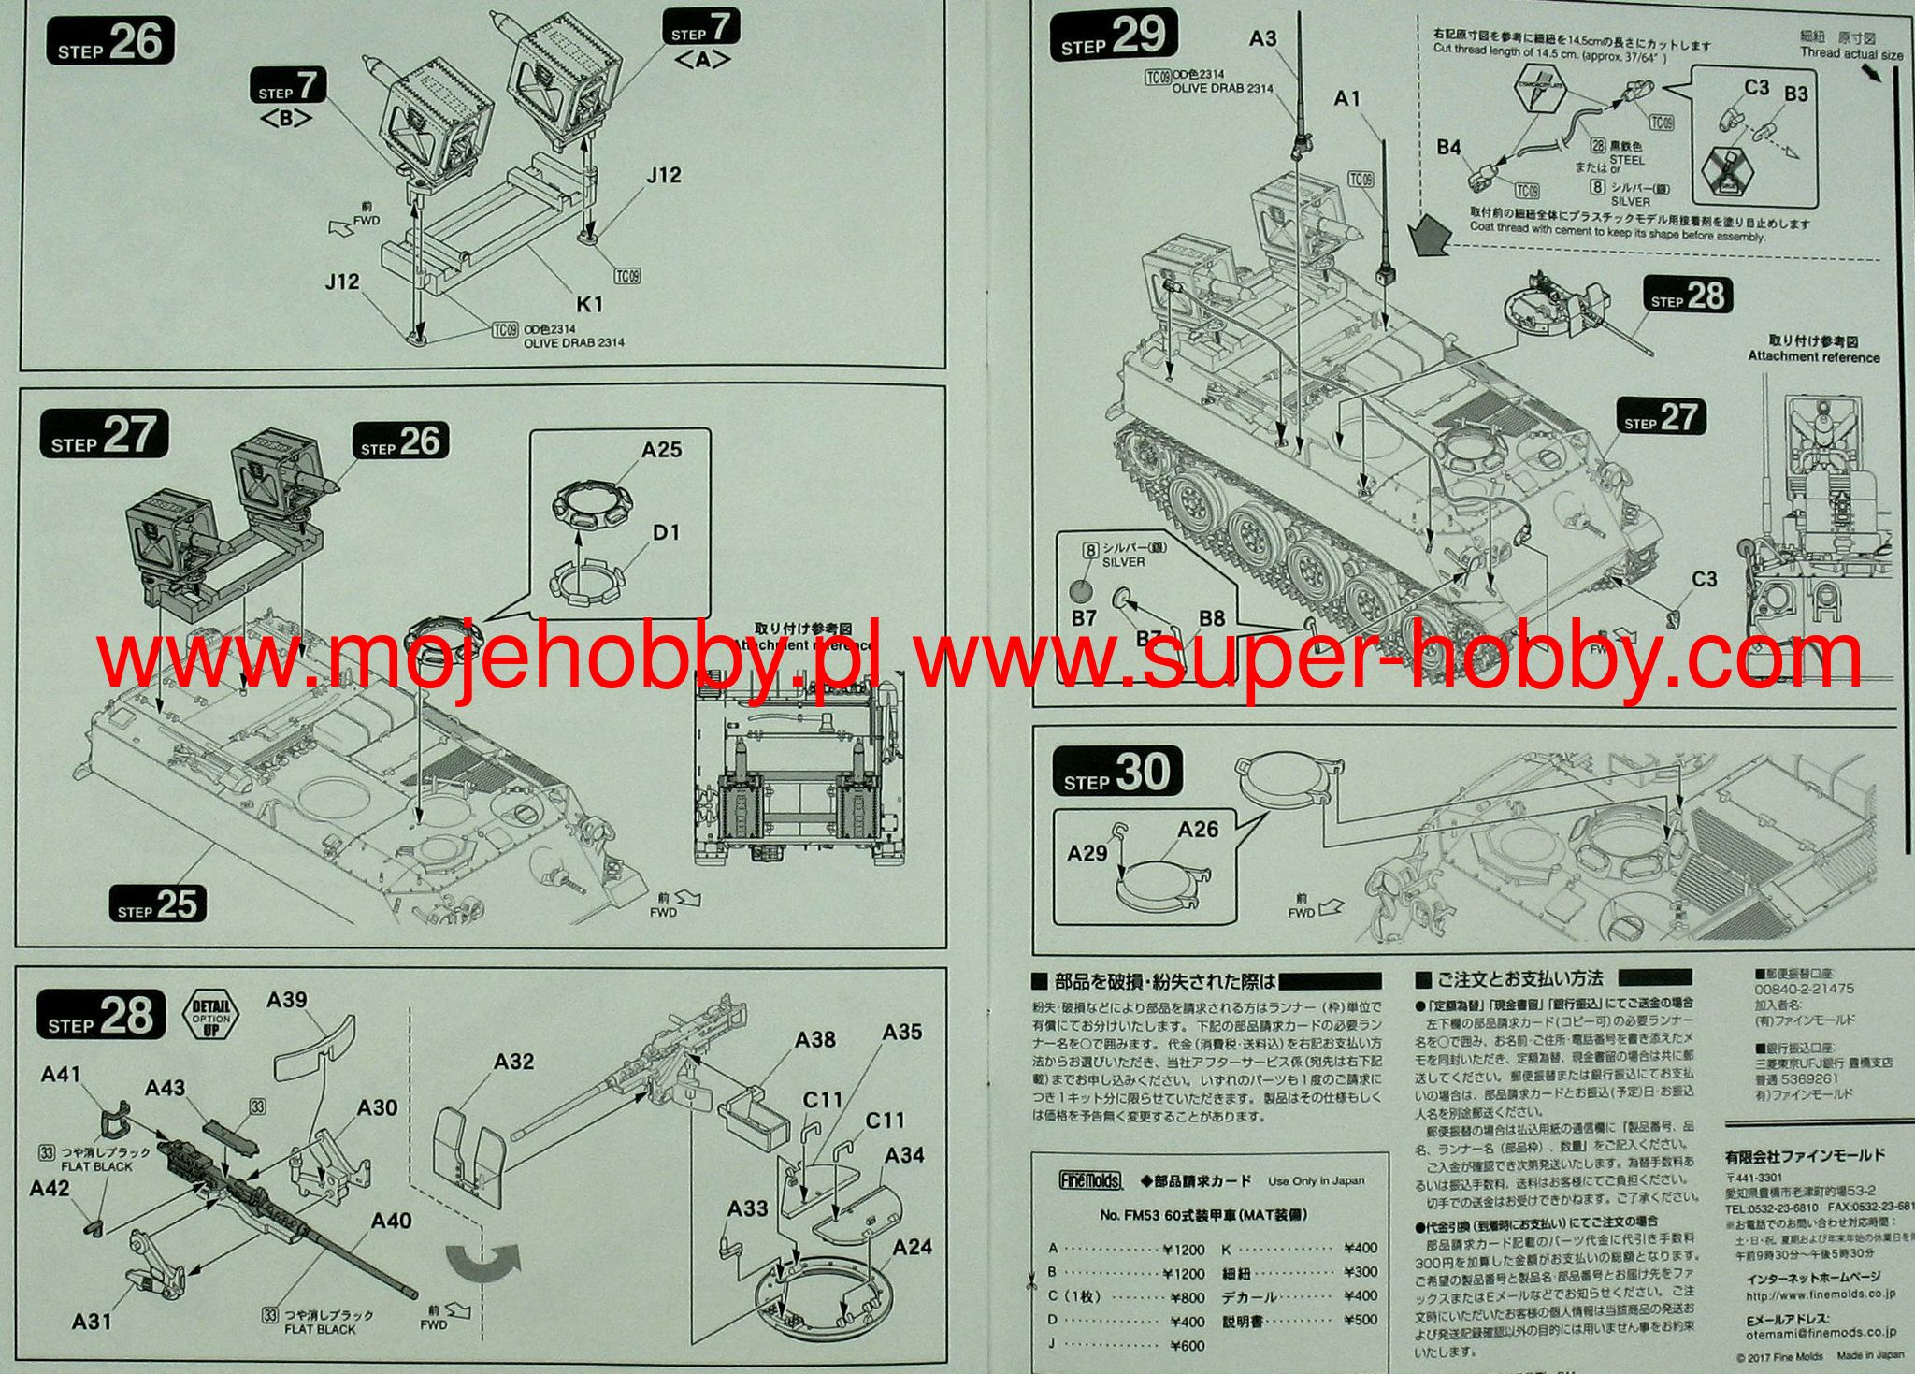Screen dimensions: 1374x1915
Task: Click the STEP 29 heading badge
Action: (1113, 37)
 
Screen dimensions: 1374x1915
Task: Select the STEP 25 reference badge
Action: (156, 904)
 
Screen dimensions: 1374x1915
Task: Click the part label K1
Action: (589, 304)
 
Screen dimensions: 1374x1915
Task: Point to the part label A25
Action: (661, 450)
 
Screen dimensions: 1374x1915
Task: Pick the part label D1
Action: (666, 533)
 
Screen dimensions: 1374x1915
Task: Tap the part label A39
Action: (287, 1000)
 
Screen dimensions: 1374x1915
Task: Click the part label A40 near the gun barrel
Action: (391, 1221)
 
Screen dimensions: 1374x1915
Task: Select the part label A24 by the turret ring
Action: (912, 1247)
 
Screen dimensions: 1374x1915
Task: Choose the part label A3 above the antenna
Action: (1262, 38)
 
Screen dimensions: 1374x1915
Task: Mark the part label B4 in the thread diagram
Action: (1448, 147)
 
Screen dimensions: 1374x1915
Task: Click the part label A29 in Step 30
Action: (1087, 853)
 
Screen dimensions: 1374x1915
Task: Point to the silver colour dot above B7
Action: (1081, 591)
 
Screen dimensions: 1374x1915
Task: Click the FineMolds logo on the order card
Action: (1090, 1180)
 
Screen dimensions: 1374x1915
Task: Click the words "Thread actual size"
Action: (1851, 54)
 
